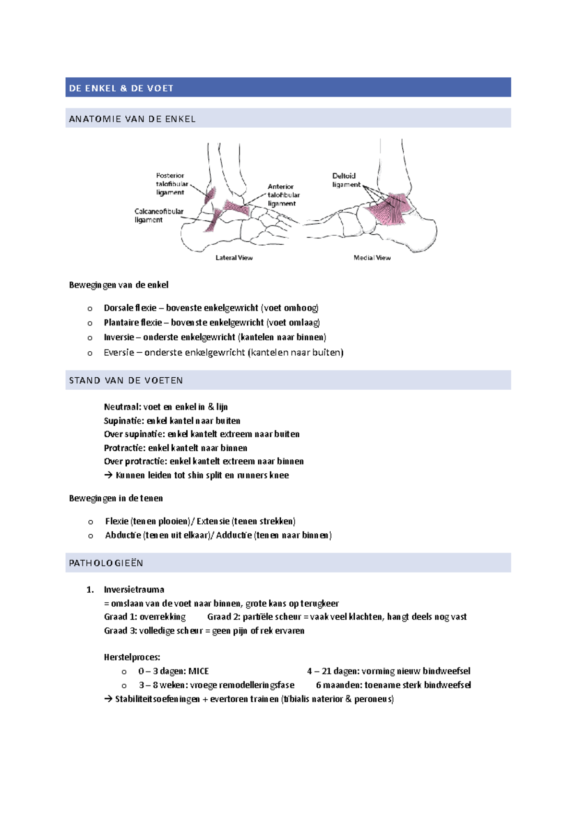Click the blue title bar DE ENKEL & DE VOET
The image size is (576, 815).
(x=288, y=88)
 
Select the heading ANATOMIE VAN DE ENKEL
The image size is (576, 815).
(x=132, y=119)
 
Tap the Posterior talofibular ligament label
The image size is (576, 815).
(x=171, y=184)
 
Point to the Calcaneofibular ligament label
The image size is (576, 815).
(x=158, y=216)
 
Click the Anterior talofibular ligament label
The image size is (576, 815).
(x=283, y=195)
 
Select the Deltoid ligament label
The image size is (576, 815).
(x=346, y=180)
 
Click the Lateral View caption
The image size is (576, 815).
(x=234, y=258)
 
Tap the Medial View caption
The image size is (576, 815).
(x=372, y=258)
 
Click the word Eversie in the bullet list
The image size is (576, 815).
(x=119, y=352)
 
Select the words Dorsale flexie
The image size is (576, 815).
(x=130, y=308)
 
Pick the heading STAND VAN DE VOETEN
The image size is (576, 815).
(x=126, y=381)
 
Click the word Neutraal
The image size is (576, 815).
(x=122, y=407)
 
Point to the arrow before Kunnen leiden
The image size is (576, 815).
(x=108, y=475)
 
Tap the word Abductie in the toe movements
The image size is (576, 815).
(x=123, y=535)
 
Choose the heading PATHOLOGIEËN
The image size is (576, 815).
(x=106, y=563)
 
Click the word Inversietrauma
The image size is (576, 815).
(x=134, y=589)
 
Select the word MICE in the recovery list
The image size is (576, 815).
(x=199, y=671)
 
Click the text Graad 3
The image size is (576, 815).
(x=120, y=631)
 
